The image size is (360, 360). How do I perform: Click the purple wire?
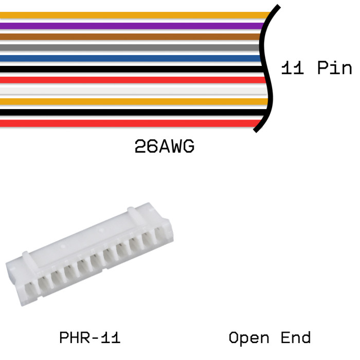[x=132, y=26]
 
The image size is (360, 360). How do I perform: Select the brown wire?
[x=130, y=37]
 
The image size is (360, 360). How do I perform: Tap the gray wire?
[x=130, y=47]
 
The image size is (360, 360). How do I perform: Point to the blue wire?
[x=131, y=58]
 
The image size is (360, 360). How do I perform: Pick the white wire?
[x=134, y=91]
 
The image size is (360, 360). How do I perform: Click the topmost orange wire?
[x=135, y=15]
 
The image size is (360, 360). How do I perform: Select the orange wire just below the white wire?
[x=134, y=102]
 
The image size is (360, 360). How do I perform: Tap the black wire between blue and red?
[x=132, y=69]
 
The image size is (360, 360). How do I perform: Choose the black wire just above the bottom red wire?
[x=134, y=113]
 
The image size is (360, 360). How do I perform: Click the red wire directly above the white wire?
[x=133, y=80]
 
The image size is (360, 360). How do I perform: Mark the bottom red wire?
[x=131, y=123]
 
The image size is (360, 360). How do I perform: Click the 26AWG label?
[x=165, y=146]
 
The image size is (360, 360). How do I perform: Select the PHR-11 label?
[x=90, y=337]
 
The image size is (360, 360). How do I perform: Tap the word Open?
[x=249, y=338]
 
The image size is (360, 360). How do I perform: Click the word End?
[x=296, y=337]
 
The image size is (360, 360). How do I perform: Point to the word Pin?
[x=334, y=68]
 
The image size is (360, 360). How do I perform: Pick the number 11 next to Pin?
[x=292, y=68]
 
